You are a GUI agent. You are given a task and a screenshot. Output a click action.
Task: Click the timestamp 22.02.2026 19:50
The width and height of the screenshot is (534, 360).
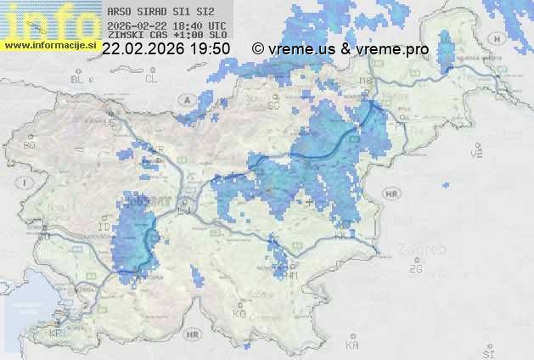(x=166, y=49)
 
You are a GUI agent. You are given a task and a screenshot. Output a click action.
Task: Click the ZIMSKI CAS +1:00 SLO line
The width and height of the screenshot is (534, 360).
(x=167, y=37)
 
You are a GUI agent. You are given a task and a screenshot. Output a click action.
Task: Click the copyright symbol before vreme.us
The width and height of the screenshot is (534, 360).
(x=258, y=49)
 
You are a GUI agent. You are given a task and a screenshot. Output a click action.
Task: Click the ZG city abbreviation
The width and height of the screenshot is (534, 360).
(x=415, y=269)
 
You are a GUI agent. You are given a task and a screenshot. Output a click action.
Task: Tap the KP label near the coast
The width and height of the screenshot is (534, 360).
(x=56, y=333)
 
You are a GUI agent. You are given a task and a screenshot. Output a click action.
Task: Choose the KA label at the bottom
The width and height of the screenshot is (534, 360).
(x=352, y=346)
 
